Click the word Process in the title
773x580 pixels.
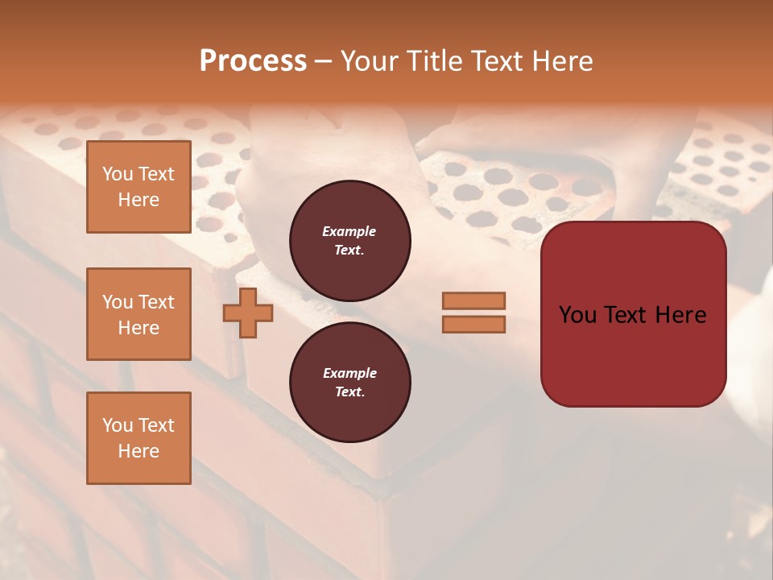pos(253,60)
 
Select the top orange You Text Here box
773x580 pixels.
pos(138,187)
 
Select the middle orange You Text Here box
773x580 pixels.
pos(138,314)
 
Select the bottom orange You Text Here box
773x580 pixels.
pos(138,438)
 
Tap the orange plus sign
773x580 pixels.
pos(248,313)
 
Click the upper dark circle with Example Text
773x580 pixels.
pos(349,241)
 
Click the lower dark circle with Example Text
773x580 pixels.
pos(349,383)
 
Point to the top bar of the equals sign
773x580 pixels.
pos(473,300)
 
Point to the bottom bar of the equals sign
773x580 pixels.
pos(473,324)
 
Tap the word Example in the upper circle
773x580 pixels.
pos(349,231)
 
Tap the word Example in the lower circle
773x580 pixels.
pos(349,373)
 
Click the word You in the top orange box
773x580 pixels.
pos(117,174)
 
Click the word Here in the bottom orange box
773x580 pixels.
pos(138,451)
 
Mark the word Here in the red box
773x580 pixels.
pos(680,315)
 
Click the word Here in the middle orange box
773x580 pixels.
pos(138,328)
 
